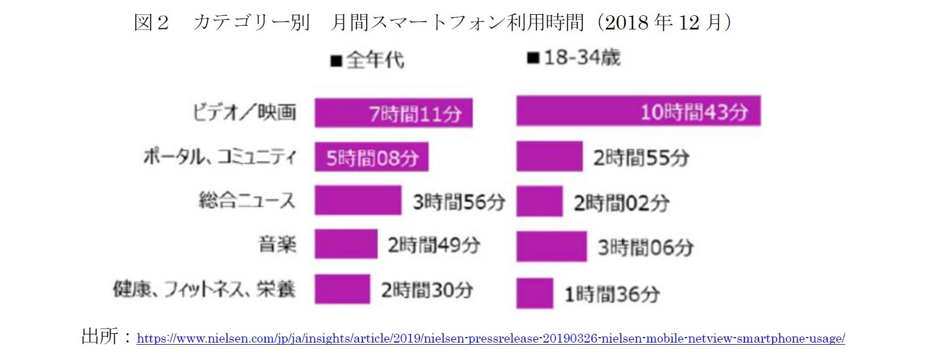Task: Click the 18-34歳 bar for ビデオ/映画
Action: [x=638, y=111]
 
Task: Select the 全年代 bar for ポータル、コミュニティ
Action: [x=371, y=157]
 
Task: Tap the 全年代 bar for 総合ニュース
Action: [x=357, y=200]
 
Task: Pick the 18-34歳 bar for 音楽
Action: [x=551, y=246]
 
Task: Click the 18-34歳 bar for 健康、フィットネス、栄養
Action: [x=534, y=293]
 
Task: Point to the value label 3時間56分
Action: [x=459, y=202]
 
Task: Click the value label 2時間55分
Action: [x=641, y=158]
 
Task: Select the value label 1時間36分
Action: [x=612, y=295]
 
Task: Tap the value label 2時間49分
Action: [x=434, y=245]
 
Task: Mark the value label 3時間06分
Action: [x=645, y=248]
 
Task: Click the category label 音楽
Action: [x=277, y=244]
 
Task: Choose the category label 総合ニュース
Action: [x=247, y=200]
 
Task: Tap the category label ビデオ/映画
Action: [x=244, y=112]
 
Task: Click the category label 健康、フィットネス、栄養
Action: [x=204, y=289]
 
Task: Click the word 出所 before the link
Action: [x=99, y=336]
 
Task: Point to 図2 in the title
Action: [x=151, y=23]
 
